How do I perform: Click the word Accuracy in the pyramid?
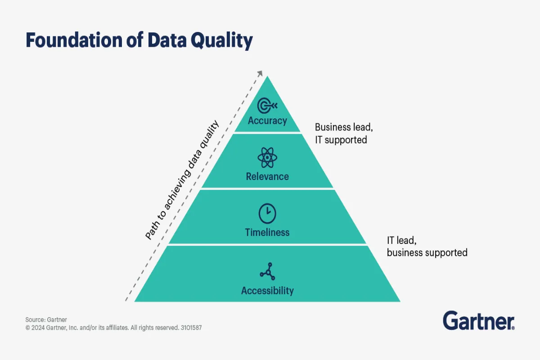point(267,121)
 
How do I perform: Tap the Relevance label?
point(267,176)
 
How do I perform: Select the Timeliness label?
point(267,232)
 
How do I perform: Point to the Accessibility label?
point(267,291)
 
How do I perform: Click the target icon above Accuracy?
point(267,106)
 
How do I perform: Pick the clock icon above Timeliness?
point(267,213)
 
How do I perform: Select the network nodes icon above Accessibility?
point(267,271)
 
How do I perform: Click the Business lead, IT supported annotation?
point(344,133)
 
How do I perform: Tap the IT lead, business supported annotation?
point(427,246)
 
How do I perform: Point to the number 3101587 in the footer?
point(191,328)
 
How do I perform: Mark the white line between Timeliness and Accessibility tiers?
point(267,244)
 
